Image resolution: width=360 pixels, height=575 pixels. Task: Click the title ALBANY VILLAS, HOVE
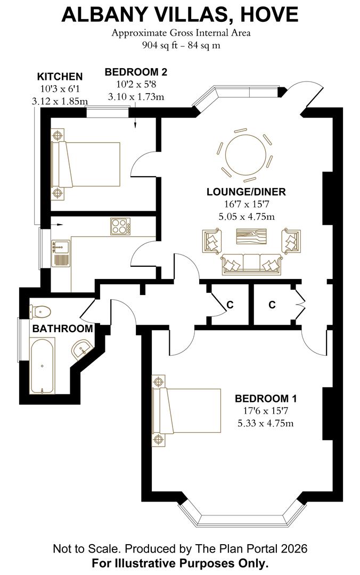180,14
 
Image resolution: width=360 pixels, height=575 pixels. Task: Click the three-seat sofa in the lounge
251,264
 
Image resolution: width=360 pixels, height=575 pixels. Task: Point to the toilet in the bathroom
40,311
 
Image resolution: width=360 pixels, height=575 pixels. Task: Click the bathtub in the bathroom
42,367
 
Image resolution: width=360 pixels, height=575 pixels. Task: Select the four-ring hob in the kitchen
121,227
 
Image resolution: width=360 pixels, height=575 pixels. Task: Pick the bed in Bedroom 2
85,164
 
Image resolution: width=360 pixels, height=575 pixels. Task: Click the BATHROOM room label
62,329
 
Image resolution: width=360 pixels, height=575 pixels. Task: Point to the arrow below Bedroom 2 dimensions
135,122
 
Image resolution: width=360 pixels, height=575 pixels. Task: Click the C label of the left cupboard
230,305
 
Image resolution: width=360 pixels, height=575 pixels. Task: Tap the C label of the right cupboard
272,305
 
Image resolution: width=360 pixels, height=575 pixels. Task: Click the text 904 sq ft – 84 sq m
181,45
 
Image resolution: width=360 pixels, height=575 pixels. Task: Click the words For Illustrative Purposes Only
180,563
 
